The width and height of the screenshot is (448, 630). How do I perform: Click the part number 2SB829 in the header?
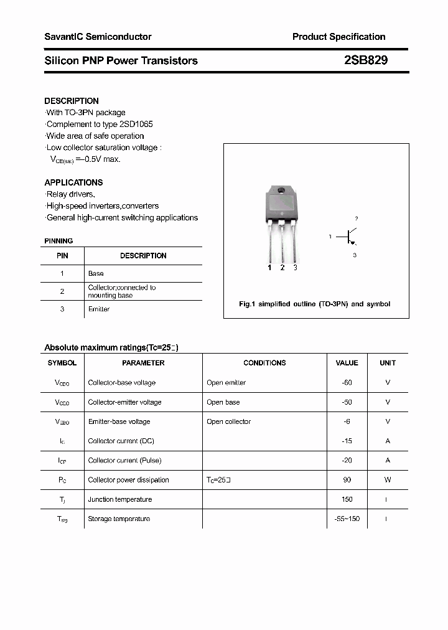[366, 60]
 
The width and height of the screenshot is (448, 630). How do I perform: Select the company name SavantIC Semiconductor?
[98, 37]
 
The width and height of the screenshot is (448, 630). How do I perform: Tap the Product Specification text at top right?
[338, 37]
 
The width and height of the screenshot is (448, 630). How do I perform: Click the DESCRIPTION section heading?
[72, 101]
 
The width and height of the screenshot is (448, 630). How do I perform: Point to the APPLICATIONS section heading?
[73, 182]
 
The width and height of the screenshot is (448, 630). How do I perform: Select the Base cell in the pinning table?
[96, 273]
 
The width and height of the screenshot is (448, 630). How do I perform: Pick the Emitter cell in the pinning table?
[99, 309]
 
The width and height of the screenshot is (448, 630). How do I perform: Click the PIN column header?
[62, 256]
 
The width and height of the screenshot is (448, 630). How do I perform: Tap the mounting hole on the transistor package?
[281, 190]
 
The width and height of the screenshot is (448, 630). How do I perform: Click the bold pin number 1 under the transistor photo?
[269, 268]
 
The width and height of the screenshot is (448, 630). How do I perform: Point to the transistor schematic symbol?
[349, 237]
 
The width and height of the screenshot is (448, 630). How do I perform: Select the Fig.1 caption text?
[315, 304]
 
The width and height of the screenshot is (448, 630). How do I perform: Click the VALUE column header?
[347, 363]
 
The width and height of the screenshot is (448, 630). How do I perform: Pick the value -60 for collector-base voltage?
[347, 383]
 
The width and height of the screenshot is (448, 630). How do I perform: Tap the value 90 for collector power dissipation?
[347, 480]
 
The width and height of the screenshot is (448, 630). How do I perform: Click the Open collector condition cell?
[228, 421]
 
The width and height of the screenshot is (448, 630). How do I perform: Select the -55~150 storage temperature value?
[347, 519]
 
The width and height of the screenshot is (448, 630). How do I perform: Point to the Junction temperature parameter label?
[120, 499]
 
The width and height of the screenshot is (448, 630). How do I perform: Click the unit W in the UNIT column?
[387, 480]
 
